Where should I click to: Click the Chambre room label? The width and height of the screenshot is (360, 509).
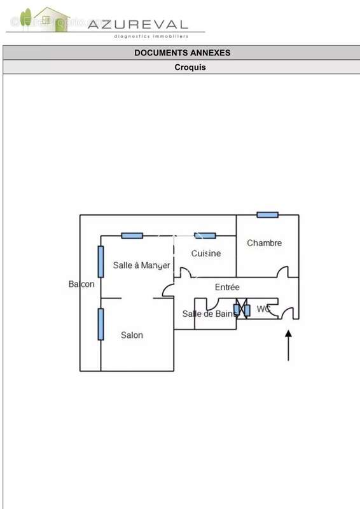pyautogui.click(x=264, y=243)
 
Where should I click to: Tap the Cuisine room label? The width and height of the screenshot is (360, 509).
pyautogui.click(x=206, y=253)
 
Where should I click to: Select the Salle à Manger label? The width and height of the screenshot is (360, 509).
pyautogui.click(x=142, y=265)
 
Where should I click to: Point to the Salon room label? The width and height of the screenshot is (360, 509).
pyautogui.click(x=132, y=335)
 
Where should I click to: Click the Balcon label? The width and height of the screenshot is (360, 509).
pyautogui.click(x=81, y=284)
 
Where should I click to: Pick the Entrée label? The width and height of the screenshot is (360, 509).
pyautogui.click(x=227, y=287)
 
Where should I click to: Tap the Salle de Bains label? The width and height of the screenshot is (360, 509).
pyautogui.click(x=209, y=314)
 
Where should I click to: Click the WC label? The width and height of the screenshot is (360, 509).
pyautogui.click(x=263, y=309)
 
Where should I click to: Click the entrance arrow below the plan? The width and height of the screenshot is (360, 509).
pyautogui.click(x=288, y=345)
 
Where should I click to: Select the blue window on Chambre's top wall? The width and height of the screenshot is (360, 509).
pyautogui.click(x=268, y=214)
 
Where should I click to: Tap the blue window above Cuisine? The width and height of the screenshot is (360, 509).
pyautogui.click(x=205, y=235)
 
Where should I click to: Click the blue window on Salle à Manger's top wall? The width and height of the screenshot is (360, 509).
pyautogui.click(x=132, y=235)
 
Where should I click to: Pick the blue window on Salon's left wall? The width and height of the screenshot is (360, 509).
pyautogui.click(x=101, y=324)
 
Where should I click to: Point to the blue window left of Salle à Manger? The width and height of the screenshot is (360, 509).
pyautogui.click(x=101, y=261)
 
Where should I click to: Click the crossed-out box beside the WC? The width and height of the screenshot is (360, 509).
pyautogui.click(x=242, y=309)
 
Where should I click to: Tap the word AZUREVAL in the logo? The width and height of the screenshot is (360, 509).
pyautogui.click(x=138, y=24)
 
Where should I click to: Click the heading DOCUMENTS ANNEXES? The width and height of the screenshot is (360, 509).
pyautogui.click(x=183, y=53)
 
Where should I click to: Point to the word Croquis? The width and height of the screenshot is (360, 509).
pyautogui.click(x=190, y=67)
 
